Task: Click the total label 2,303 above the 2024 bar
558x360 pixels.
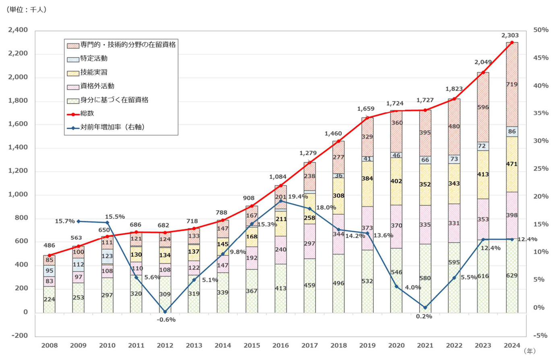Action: [x=510, y=35]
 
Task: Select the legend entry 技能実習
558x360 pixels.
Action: [x=93, y=72]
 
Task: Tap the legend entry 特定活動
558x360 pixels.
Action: [x=93, y=59]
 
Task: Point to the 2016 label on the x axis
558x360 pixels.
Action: [x=281, y=346]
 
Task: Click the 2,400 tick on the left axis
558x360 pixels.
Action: [x=18, y=30]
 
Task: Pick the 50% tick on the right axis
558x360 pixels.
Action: [x=541, y=30]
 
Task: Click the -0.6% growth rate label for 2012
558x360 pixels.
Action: [x=166, y=320]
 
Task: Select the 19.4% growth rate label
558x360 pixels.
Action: [x=298, y=197]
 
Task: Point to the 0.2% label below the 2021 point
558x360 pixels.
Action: [x=424, y=317]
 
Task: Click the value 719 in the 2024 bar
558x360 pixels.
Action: [x=512, y=85]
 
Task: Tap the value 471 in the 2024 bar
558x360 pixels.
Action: [x=512, y=164]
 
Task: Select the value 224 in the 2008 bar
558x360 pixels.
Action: [x=49, y=300]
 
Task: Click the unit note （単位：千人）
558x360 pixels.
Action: [x=26, y=10]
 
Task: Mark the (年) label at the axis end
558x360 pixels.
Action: [x=530, y=351]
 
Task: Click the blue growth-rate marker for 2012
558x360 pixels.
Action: [x=165, y=312]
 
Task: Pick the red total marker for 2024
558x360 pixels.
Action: [x=512, y=42]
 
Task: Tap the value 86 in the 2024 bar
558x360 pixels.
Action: [x=512, y=132]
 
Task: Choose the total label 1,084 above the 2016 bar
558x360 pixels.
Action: [x=278, y=177]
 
